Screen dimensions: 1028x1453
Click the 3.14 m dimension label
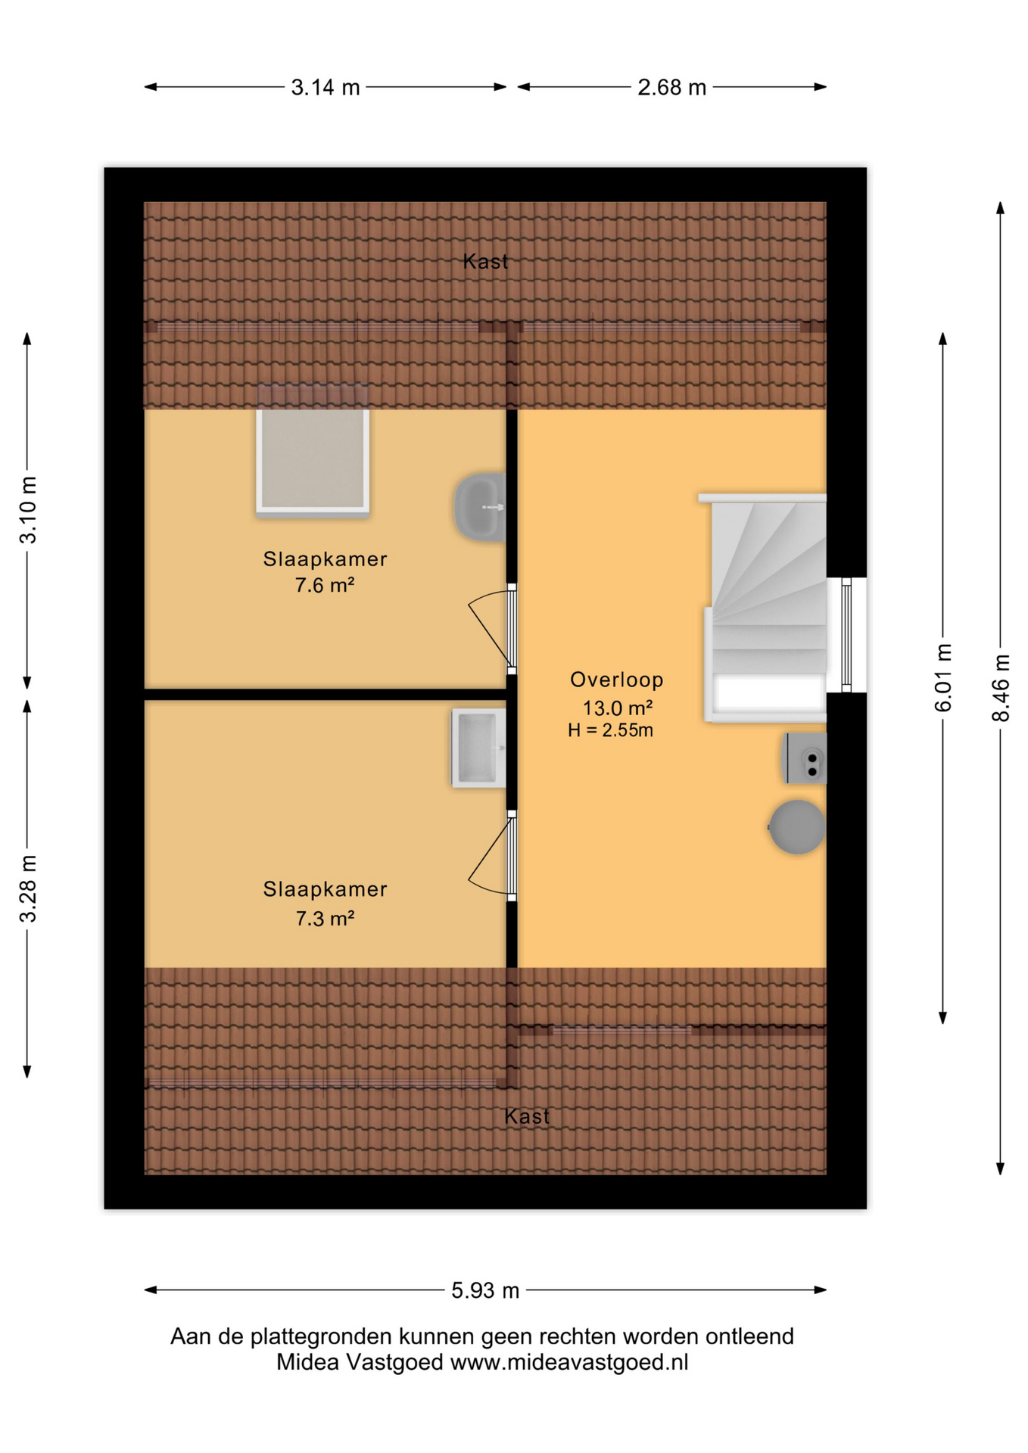click(326, 88)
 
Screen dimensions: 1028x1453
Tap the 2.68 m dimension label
click(671, 88)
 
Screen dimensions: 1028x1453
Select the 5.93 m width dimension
click(485, 1290)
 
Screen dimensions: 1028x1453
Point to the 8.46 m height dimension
click(1001, 688)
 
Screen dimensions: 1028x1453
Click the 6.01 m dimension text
click(943, 678)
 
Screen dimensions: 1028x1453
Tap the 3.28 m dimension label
click(28, 889)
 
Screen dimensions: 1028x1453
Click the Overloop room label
click(616, 680)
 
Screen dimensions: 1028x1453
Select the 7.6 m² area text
click(325, 585)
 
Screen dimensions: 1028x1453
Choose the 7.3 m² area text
click(325, 918)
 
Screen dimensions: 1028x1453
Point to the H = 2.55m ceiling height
click(610, 730)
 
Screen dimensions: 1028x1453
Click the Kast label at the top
click(485, 262)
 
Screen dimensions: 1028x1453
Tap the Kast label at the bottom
click(527, 1116)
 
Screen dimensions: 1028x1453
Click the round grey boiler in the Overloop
click(797, 827)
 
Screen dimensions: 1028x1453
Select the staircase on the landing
click(765, 608)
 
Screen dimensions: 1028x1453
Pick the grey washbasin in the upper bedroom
click(480, 507)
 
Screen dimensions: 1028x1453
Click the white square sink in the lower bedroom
click(478, 748)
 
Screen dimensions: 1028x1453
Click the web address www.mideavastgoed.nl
click(569, 1362)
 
